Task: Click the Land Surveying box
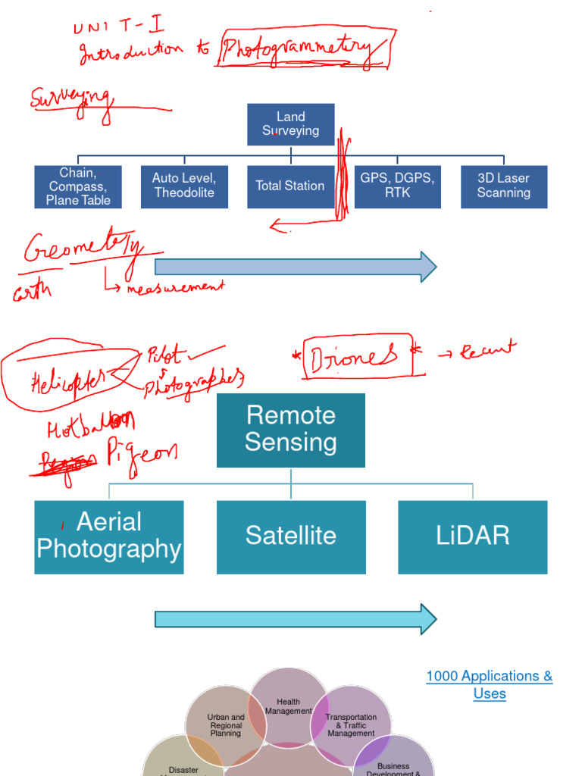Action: pos(290,124)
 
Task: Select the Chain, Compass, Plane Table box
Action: pos(78,186)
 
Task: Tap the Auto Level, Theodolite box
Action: pos(184,186)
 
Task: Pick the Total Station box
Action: pos(290,186)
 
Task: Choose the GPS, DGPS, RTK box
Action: pos(397,186)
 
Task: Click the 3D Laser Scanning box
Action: pos(504,186)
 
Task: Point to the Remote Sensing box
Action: pos(290,430)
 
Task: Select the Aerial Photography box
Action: pos(109,537)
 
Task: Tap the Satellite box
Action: pos(290,537)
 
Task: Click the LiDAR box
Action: pos(473,537)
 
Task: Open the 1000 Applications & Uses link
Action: pos(489,684)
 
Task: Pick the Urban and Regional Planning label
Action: pos(226,725)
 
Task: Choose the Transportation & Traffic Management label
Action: pos(351,725)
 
